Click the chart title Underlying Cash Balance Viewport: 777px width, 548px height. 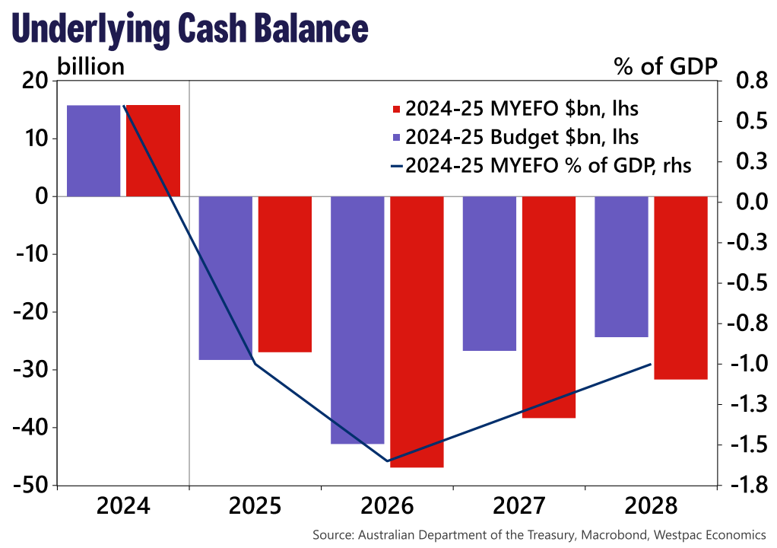(x=191, y=29)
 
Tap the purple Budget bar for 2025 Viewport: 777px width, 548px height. (x=226, y=278)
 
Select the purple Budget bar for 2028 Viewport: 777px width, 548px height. (x=621, y=266)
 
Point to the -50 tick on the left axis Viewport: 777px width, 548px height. (x=31, y=486)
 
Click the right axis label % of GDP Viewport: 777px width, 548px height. (x=665, y=66)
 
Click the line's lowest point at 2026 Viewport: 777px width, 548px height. (x=388, y=460)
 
